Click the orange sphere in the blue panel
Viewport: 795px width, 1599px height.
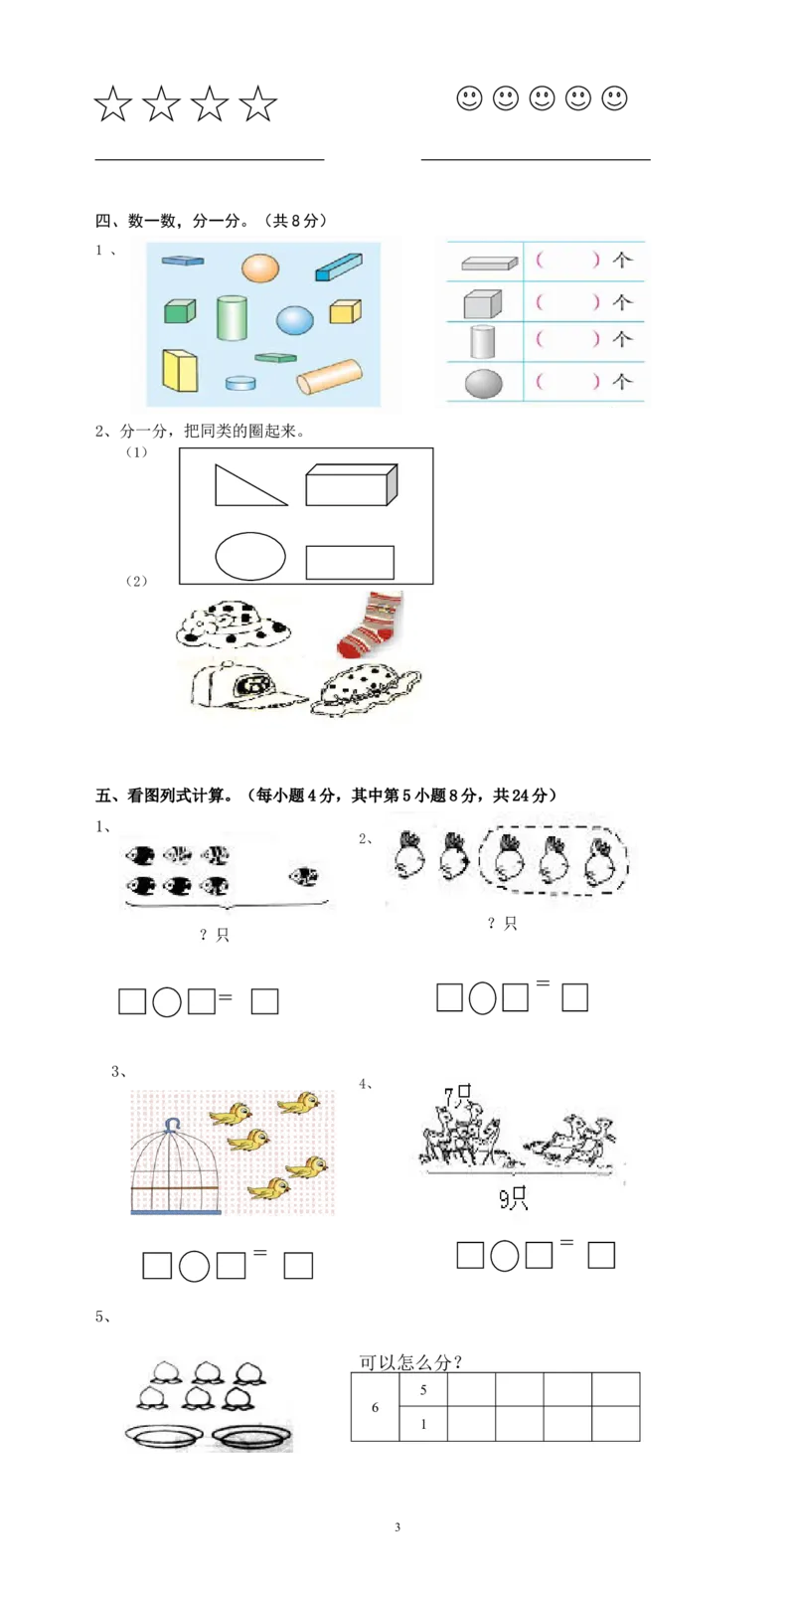[x=260, y=267]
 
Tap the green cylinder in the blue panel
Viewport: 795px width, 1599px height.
[x=232, y=317]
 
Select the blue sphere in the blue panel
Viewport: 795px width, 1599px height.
[x=295, y=320]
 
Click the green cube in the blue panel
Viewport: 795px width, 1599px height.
[x=179, y=311]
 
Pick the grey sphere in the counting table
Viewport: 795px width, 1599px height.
[x=484, y=383]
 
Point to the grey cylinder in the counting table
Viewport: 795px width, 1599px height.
[x=482, y=341]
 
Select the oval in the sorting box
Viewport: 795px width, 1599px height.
[x=250, y=556]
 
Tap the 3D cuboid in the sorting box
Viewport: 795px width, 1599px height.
[x=351, y=484]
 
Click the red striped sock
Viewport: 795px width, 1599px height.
[x=370, y=623]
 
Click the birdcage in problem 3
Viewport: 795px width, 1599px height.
[x=176, y=1166]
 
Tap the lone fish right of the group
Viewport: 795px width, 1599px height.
[x=304, y=876]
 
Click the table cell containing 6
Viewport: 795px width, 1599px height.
[x=375, y=1407]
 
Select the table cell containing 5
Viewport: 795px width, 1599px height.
[x=423, y=1390]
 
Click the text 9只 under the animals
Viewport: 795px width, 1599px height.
[x=513, y=1198]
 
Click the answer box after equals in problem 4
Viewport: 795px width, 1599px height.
[x=601, y=1255]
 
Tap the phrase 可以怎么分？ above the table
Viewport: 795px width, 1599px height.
[x=410, y=1362]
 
